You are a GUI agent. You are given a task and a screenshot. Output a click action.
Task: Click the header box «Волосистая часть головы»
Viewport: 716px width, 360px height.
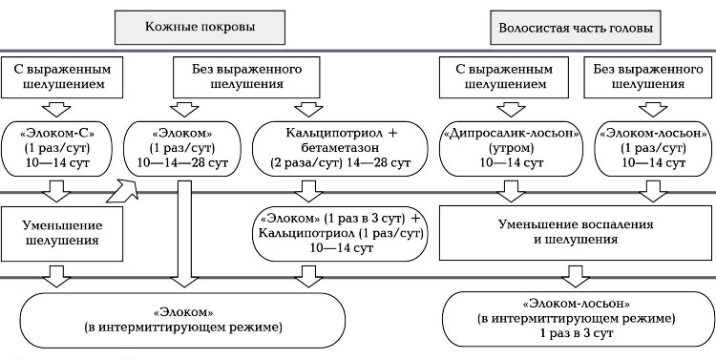575,27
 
